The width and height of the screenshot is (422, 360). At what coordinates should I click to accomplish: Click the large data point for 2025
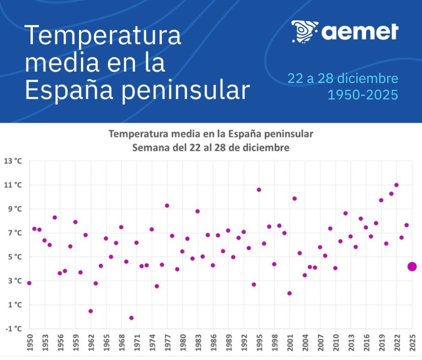click(x=412, y=266)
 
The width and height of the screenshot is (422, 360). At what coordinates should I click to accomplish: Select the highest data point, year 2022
click(x=396, y=185)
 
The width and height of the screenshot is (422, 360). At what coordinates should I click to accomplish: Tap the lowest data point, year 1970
click(x=132, y=318)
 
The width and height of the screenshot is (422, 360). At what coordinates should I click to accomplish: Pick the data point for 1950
click(x=29, y=283)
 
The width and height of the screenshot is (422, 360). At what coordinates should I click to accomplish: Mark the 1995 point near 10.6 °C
click(x=259, y=190)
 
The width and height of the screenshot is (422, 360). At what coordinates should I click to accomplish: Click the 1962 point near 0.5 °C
click(x=91, y=311)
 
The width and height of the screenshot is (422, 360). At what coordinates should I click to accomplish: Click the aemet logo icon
click(x=304, y=31)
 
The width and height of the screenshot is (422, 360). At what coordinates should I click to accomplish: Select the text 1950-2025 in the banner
click(x=363, y=94)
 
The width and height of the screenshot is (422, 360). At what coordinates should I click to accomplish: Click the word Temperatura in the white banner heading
click(x=103, y=36)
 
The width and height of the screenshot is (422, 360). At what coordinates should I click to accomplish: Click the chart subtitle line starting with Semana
click(x=211, y=147)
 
